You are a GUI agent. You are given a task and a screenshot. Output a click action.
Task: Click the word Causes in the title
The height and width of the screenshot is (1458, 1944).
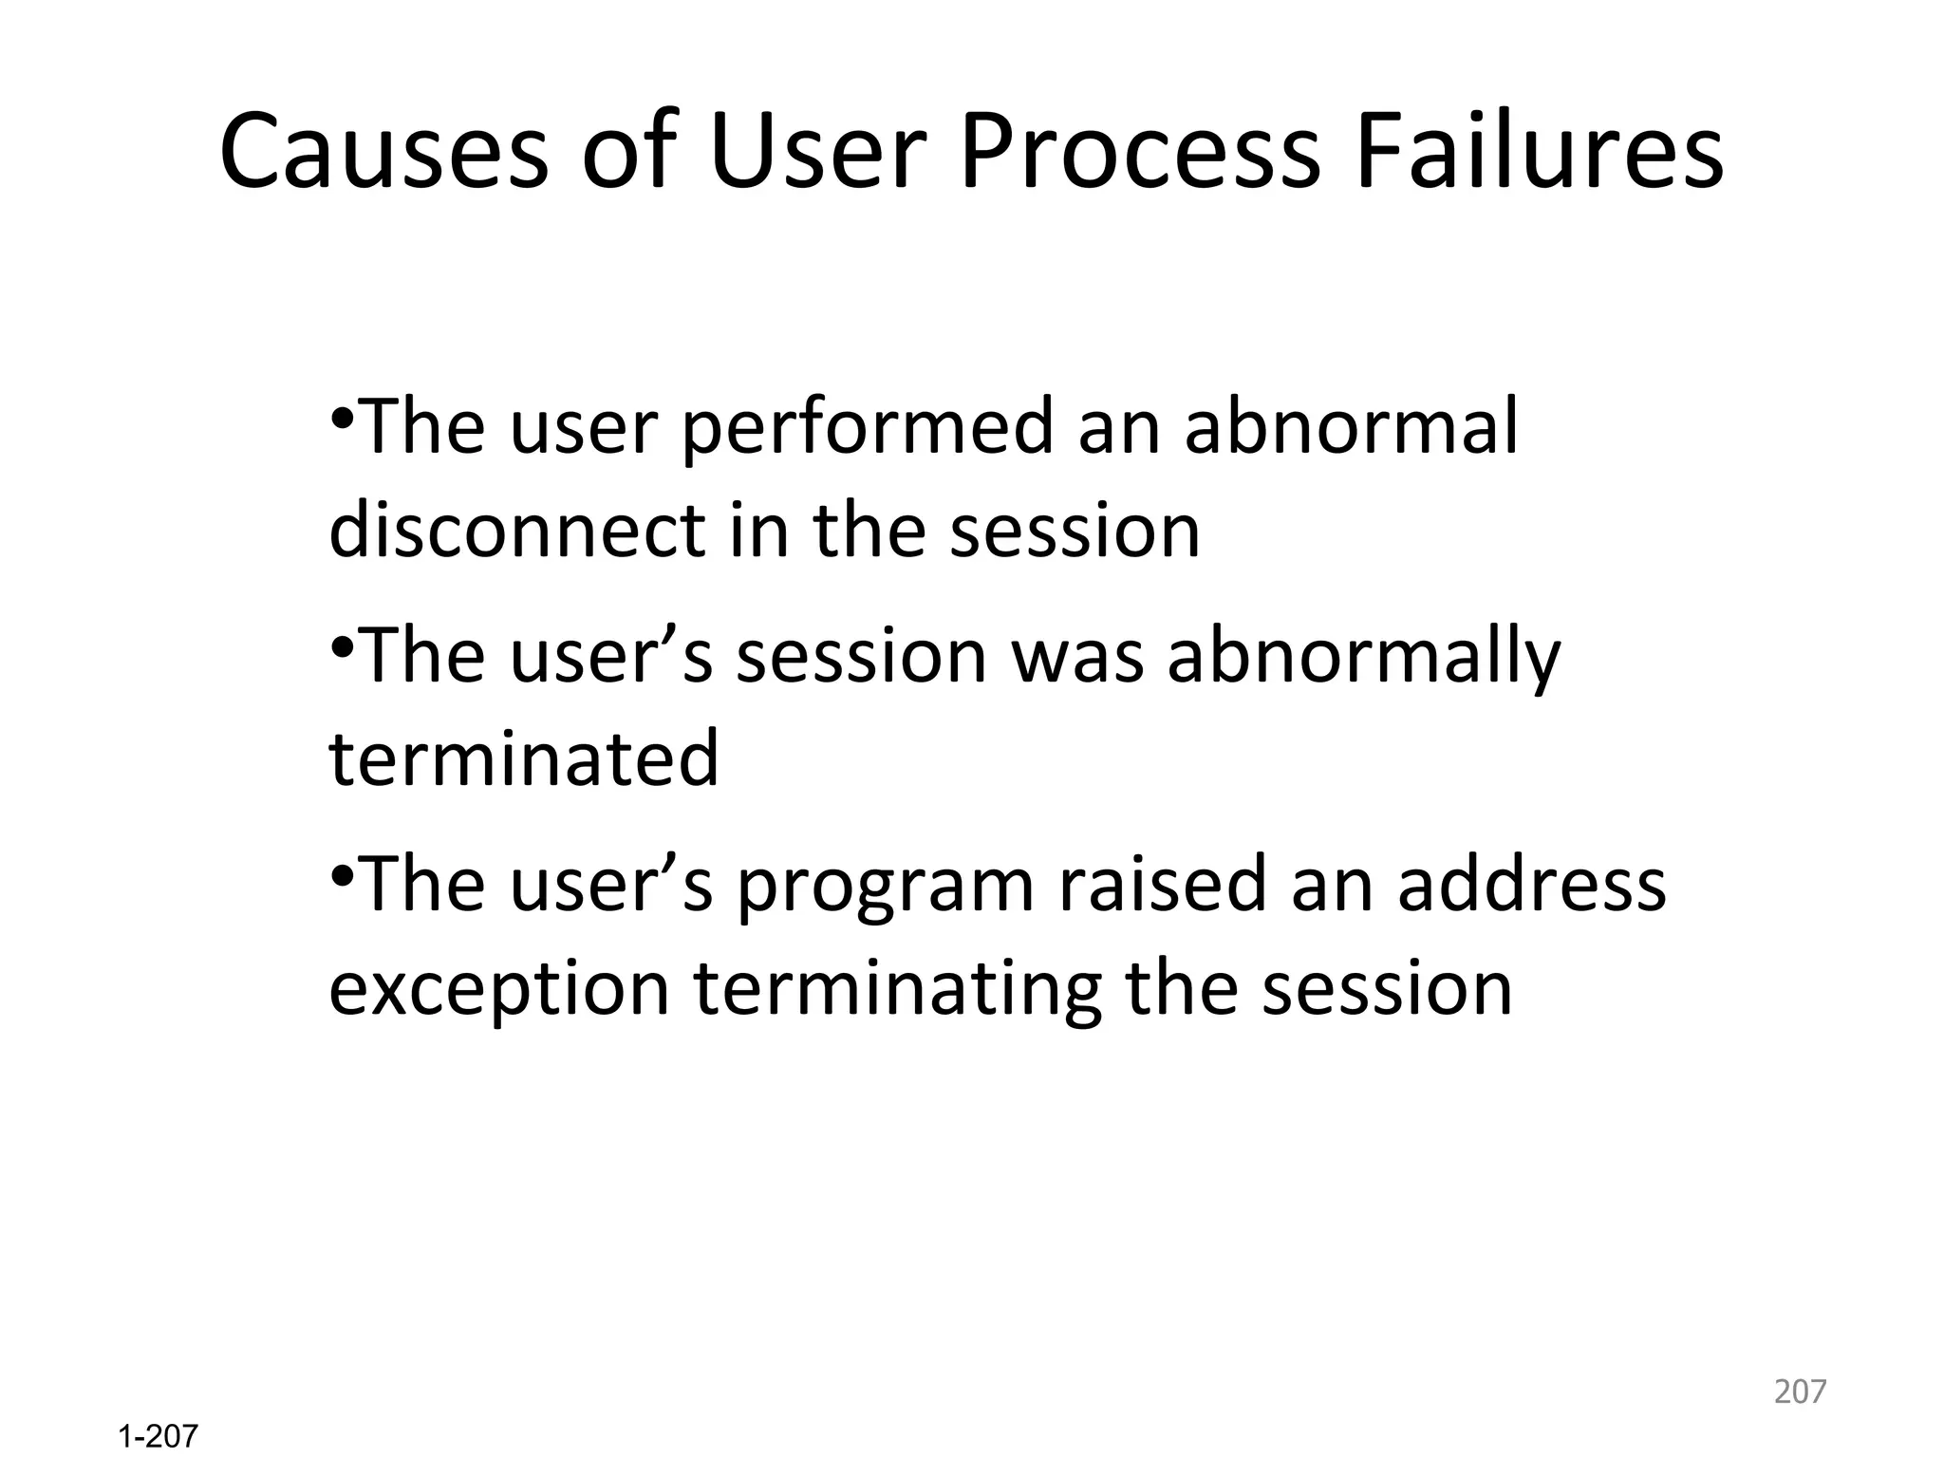[x=384, y=152]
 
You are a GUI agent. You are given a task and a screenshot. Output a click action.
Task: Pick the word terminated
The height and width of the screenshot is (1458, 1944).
[x=524, y=758]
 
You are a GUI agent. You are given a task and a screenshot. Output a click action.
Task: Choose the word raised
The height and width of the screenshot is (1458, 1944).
[x=1162, y=884]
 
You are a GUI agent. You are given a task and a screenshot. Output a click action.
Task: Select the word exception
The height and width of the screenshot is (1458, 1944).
[x=499, y=990]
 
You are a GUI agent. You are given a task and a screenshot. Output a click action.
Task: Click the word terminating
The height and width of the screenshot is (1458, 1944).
[x=897, y=990]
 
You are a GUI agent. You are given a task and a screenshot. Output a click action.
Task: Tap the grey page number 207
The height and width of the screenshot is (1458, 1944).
[x=1800, y=1392]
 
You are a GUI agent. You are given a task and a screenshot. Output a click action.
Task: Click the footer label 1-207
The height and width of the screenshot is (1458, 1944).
[x=158, y=1436]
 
